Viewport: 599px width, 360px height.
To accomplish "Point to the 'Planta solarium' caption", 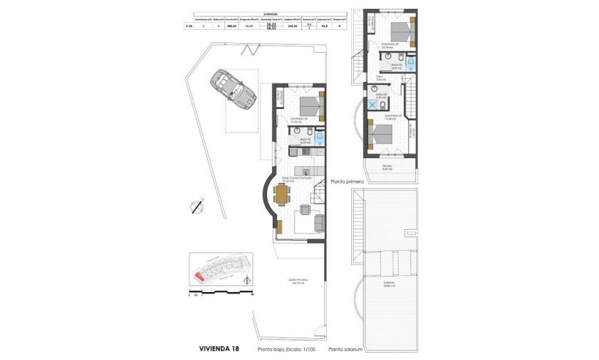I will coord(347,350).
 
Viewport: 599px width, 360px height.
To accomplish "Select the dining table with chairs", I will coord(282,195).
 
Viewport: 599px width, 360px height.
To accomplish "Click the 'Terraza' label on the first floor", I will coord(388,168).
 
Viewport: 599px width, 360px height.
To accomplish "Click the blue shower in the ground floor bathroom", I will coord(321,135).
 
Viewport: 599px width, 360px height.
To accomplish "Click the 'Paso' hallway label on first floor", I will coord(380,78).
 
